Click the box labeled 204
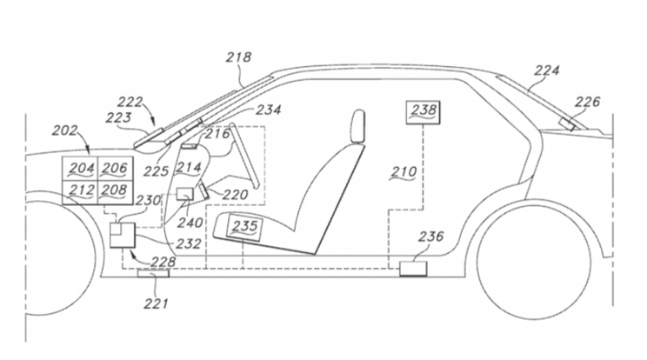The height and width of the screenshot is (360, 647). [x=81, y=169]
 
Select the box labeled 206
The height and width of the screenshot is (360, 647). [x=114, y=169]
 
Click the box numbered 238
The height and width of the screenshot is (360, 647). [x=424, y=110]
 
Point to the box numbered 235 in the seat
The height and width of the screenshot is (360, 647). [x=244, y=226]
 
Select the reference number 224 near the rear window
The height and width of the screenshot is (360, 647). [x=546, y=71]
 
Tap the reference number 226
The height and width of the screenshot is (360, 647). [x=588, y=103]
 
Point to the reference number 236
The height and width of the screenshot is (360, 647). [x=430, y=237]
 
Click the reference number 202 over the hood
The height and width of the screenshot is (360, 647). [x=64, y=130]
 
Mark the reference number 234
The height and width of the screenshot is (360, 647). [x=269, y=110]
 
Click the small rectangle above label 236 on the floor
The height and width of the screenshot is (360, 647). [x=413, y=268]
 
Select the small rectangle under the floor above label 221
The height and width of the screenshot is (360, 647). [x=155, y=276]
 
